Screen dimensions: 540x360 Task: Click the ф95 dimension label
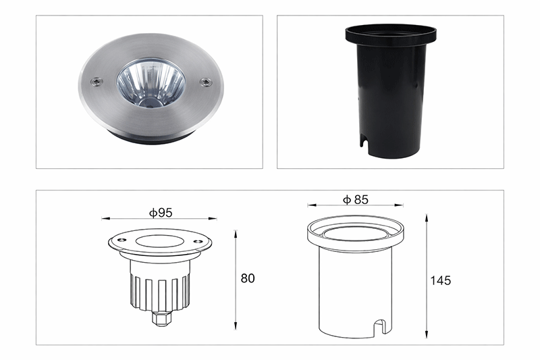click(x=161, y=213)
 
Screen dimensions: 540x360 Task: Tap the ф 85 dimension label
click(x=356, y=199)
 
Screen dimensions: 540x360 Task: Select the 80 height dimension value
click(x=248, y=278)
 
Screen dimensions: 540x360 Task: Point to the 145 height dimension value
click(x=441, y=281)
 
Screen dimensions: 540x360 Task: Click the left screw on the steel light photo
click(x=97, y=82)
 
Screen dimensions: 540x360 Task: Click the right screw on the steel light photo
click(x=206, y=82)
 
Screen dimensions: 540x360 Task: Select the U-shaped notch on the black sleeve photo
click(x=364, y=143)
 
